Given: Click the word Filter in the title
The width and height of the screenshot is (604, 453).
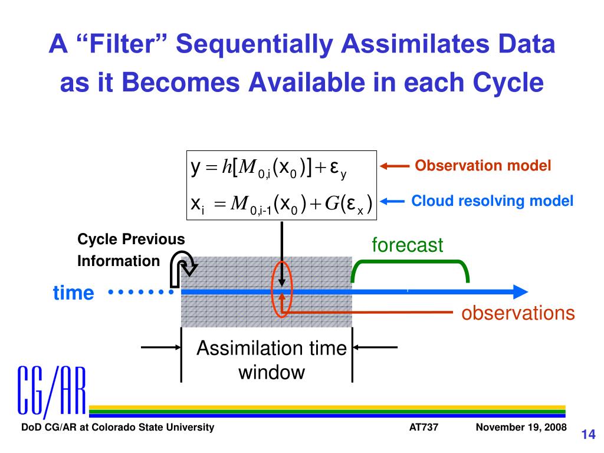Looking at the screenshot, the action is pos(123,44).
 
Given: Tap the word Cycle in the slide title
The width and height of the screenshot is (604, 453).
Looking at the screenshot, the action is pos(508,83).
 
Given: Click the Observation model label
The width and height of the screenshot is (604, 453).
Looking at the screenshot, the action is pos(483,166).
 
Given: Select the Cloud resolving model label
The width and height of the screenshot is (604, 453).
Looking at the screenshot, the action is pos(493,201).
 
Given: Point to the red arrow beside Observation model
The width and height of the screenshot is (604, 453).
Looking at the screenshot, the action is pos(395,166).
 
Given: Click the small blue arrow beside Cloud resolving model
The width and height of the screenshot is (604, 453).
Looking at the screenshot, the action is pos(392,201).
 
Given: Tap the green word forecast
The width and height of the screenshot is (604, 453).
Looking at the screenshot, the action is pos(408,245).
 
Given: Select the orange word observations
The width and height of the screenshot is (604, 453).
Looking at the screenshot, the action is pos(518,313).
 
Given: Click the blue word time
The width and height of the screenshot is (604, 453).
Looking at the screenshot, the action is pos(74,293).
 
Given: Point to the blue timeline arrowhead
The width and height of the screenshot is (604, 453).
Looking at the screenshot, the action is pos(520,292).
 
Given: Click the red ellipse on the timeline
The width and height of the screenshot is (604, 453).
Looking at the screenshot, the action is pos(271,289).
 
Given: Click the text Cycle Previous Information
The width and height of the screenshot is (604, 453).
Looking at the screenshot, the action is pos(131,250).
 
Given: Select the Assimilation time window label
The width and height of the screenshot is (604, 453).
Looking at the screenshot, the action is pos(272,360).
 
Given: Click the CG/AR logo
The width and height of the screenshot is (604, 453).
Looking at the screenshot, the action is pos(51,390).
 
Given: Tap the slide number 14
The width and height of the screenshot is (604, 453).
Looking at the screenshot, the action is pos(588,435).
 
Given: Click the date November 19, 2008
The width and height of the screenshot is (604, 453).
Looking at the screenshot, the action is pos(521,427).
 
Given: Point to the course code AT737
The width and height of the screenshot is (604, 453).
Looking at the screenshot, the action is pos(424,427).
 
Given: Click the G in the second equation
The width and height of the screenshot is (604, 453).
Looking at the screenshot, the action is pos(331,203).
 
